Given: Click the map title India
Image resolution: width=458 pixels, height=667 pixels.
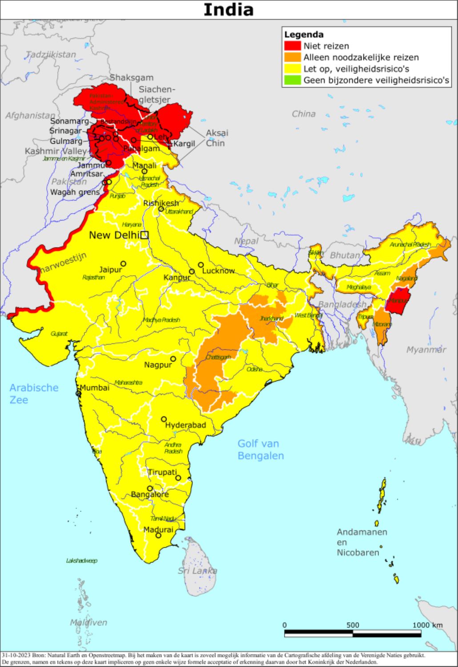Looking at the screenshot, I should tap(229, 9).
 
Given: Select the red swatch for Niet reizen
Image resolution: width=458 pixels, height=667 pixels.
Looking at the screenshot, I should tap(293, 46).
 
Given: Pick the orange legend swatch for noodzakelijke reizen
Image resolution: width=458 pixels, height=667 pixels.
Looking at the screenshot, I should tap(293, 57).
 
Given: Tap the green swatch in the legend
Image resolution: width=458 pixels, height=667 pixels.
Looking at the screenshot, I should tap(293, 80).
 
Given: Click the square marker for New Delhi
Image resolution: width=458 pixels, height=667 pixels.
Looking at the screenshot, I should tap(144, 235).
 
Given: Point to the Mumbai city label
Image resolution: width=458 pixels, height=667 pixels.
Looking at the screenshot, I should tap(94, 388).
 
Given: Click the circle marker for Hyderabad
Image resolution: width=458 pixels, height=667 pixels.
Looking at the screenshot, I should tap(164, 419).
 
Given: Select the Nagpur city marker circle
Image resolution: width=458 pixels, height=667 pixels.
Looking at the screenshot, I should tap(173, 359).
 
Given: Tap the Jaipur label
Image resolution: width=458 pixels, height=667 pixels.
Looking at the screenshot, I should tap(110, 269).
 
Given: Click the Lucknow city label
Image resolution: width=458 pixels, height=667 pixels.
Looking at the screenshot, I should tap(218, 271).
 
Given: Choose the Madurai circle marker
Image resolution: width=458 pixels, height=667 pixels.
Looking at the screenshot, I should tap(158, 535).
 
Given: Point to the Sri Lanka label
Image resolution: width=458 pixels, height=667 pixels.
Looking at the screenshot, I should tap(197, 571).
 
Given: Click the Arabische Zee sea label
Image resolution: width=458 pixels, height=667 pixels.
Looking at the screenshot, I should tap(34, 394).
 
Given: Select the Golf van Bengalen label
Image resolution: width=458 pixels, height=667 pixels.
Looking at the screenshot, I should tap(261, 450).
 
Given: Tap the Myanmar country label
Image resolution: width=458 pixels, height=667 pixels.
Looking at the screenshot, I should tap(426, 350).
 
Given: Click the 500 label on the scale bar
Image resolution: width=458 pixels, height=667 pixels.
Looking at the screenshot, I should tap(353, 625).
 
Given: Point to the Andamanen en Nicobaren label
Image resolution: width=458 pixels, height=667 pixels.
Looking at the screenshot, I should tap(361, 542).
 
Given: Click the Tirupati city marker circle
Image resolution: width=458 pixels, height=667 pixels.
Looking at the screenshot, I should tap(178, 478).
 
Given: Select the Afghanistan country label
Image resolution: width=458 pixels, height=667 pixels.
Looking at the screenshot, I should tap(30, 116).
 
